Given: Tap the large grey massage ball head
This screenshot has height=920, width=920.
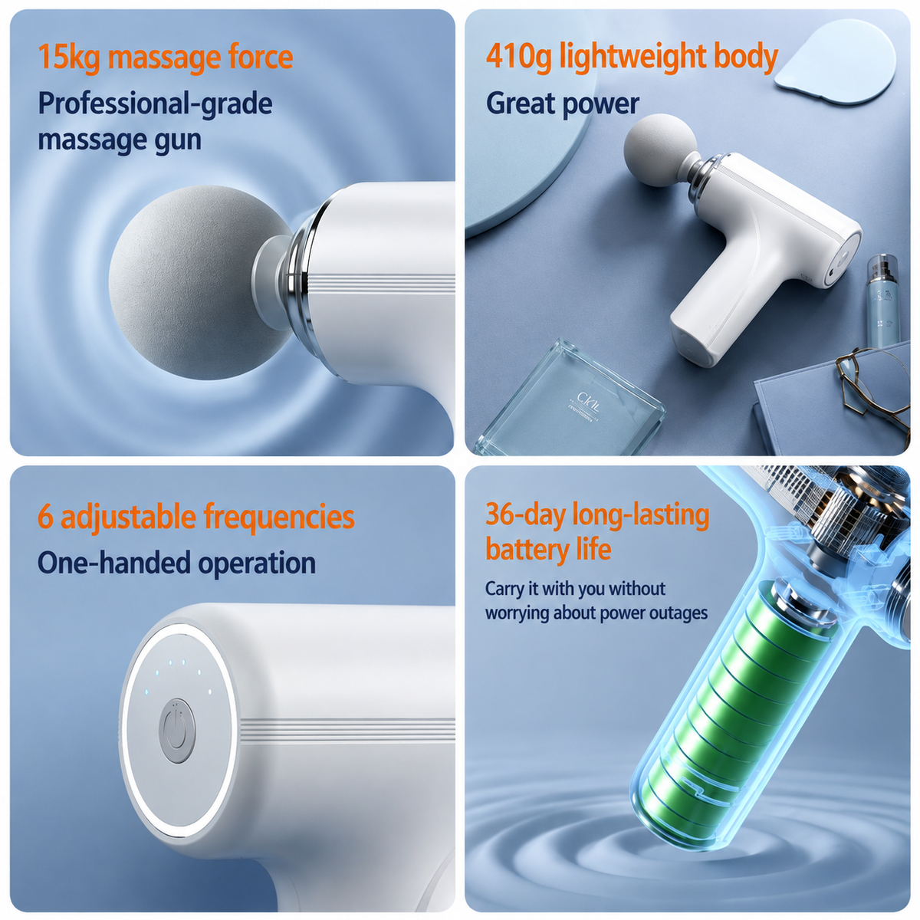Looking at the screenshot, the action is [x=201, y=283].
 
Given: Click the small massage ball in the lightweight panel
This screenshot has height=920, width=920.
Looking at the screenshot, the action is [x=661, y=150].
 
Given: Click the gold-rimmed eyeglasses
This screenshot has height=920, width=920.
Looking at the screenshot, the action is [x=871, y=386].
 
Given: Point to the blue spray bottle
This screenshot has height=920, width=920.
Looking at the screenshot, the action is [x=882, y=301].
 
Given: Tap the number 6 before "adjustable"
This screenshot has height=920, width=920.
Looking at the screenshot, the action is [x=45, y=517].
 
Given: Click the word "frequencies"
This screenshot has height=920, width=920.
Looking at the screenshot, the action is [x=279, y=517].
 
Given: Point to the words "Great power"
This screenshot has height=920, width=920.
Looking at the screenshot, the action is [x=563, y=103].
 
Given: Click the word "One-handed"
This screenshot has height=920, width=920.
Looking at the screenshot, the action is [x=114, y=563].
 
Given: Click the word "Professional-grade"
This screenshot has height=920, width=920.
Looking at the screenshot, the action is [x=155, y=103].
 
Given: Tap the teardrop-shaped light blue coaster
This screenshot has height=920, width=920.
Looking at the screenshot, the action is [x=835, y=61].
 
